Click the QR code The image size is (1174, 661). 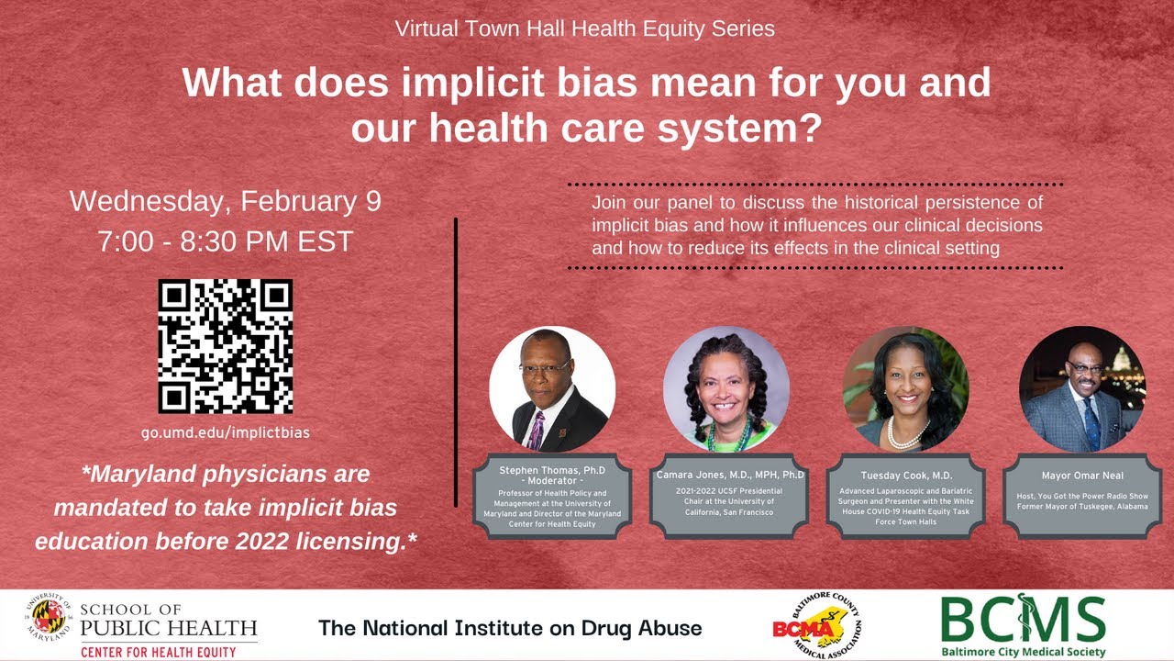[226, 346]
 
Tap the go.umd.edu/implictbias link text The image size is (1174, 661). [226, 432]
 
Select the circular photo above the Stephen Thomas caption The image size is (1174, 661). [552, 389]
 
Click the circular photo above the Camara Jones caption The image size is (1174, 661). [726, 389]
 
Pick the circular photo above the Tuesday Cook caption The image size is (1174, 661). [906, 389]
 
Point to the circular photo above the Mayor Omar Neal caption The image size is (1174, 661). [1082, 389]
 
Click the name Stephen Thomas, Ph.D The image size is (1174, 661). [552, 470]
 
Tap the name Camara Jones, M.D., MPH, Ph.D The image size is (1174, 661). [730, 475]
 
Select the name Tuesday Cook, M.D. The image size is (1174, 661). [906, 476]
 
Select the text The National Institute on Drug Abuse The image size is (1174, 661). [510, 628]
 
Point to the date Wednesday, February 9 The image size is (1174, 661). [226, 201]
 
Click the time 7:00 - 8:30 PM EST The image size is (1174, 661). [226, 241]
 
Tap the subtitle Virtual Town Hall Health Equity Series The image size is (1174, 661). [585, 28]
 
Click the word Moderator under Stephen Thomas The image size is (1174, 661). [552, 481]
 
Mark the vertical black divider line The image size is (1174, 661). [456, 363]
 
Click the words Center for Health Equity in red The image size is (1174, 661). [159, 652]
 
